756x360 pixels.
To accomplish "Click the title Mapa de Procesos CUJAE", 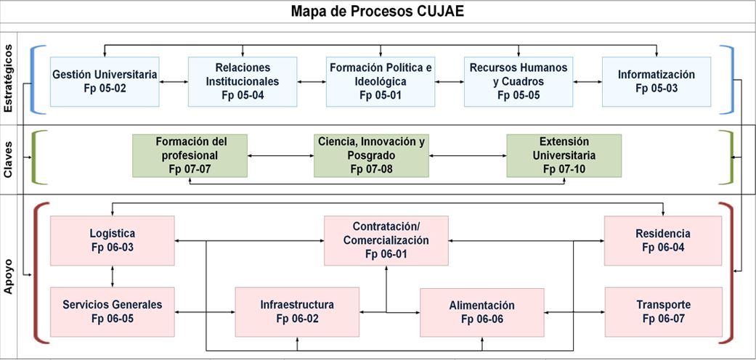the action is click(377, 12).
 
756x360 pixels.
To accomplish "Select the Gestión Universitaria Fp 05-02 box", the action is click(105, 81).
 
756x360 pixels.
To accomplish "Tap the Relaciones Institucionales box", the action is click(243, 81).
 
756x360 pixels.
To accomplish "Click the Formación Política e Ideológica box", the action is click(381, 81).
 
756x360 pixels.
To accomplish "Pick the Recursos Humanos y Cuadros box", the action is click(519, 81).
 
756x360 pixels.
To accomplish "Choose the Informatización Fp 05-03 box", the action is click(657, 81).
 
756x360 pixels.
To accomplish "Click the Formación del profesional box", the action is click(190, 155).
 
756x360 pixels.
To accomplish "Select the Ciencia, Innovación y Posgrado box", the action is click(371, 155).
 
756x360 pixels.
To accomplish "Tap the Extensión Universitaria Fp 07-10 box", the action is click(564, 155).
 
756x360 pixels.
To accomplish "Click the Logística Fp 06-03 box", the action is click(113, 240).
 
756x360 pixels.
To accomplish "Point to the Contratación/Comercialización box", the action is click(386, 240).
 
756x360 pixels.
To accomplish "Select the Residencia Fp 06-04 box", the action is click(663, 240).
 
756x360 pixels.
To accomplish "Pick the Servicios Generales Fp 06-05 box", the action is click(113, 312).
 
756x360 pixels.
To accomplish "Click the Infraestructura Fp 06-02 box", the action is click(297, 312).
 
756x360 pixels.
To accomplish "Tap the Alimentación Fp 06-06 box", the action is click(482, 312).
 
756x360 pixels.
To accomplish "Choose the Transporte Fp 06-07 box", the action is click(664, 312).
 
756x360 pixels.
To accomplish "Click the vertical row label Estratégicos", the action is click(8, 78).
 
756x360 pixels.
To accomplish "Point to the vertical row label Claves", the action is click(8, 160).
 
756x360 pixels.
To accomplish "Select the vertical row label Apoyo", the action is click(8, 277).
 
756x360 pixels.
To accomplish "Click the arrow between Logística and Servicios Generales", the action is click(113, 277).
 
